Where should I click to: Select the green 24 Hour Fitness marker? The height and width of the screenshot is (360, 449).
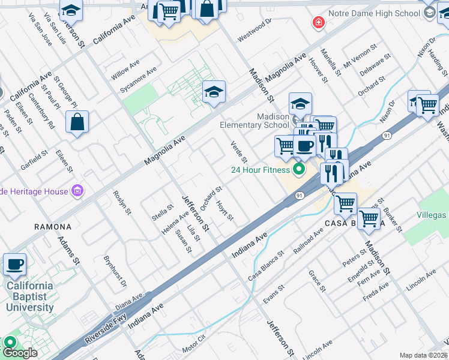click(x=296, y=170)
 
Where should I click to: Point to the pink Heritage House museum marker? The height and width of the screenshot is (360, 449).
click(x=77, y=191)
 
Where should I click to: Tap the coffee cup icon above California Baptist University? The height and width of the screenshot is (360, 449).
click(x=14, y=263)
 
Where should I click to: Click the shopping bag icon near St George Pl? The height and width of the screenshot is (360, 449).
click(x=77, y=122)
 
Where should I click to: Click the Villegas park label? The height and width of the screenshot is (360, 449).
click(x=432, y=215)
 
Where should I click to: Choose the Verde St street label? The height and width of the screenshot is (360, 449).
click(x=239, y=152)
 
